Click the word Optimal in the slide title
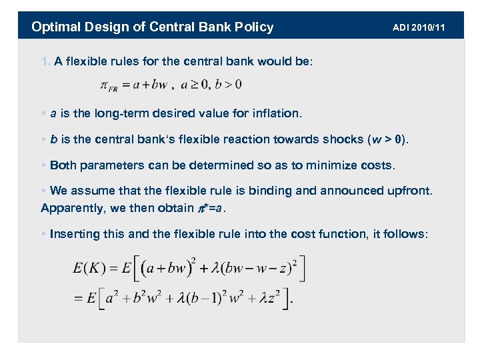[x=55, y=27]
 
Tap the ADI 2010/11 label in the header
[x=418, y=27]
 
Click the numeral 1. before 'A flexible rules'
[x=45, y=62]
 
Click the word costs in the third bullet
[x=377, y=165]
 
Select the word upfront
[x=409, y=191]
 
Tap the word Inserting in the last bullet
[x=73, y=234]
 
